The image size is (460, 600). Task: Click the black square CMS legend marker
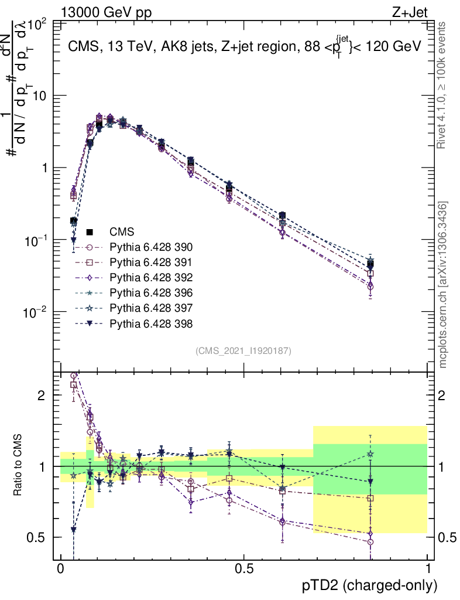pos(90,231)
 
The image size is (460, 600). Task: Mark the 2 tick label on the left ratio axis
pos(42,395)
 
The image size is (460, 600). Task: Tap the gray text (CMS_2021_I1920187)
pos(243,350)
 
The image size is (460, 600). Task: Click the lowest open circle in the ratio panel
pos(370,542)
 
